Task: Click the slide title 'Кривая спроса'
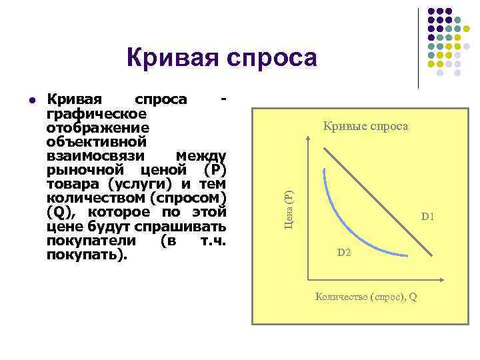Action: [x=222, y=59]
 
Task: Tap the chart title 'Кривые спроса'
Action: [x=365, y=126]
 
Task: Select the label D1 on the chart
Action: [x=427, y=217]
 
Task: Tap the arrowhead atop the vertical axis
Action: [x=307, y=137]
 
